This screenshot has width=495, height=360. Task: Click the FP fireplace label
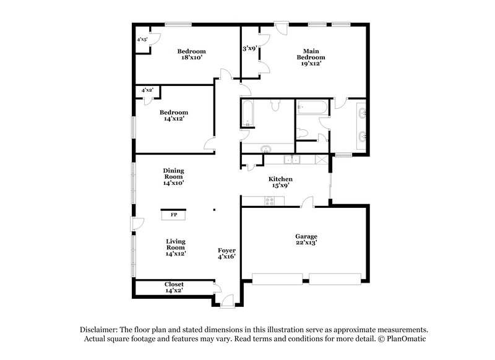pyautogui.click(x=174, y=215)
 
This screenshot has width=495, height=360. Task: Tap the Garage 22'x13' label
pyautogui.click(x=306, y=240)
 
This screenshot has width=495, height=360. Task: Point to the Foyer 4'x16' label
pyautogui.click(x=226, y=254)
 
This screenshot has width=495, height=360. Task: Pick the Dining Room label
pyautogui.click(x=174, y=176)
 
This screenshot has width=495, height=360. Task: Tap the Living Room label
pyautogui.click(x=176, y=247)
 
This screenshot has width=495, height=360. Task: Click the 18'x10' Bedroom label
pyautogui.click(x=191, y=54)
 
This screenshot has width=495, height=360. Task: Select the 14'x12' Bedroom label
pyautogui.click(x=173, y=116)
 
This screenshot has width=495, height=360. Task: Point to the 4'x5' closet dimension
pyautogui.click(x=142, y=40)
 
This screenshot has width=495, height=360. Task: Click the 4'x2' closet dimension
pyautogui.click(x=147, y=90)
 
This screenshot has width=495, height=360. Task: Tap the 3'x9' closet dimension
pyautogui.click(x=249, y=48)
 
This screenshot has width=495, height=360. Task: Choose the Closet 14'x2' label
pyautogui.click(x=174, y=288)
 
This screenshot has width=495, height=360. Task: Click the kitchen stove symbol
pyautogui.click(x=269, y=200)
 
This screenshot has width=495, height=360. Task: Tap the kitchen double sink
pyautogui.click(x=291, y=160)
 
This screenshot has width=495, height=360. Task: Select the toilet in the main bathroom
pyautogui.click(x=302, y=133)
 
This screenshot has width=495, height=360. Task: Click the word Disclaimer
pyautogui.click(x=100, y=330)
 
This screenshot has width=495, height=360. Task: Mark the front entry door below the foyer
pyautogui.click(x=226, y=301)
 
